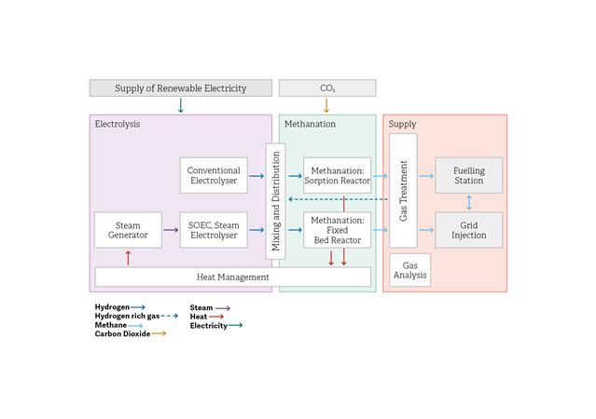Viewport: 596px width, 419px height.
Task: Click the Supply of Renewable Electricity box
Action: coord(181,88)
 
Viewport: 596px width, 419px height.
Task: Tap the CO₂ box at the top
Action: coord(327,88)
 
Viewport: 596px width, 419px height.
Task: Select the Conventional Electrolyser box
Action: coord(214,175)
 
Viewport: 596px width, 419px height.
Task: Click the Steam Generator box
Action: coord(128,230)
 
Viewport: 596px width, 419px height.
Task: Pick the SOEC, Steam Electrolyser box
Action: coord(214,230)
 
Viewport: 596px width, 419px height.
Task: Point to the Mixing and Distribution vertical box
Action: coord(275,201)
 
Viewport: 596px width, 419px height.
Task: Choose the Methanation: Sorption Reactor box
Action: coord(337,175)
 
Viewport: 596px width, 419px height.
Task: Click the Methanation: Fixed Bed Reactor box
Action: coord(337,230)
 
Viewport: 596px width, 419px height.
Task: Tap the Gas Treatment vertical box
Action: coord(403,191)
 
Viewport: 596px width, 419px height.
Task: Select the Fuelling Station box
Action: coord(468,175)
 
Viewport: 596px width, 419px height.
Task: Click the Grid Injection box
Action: coord(468,230)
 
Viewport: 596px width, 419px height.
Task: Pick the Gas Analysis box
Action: coord(410,270)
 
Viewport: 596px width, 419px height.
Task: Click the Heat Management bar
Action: coord(233,277)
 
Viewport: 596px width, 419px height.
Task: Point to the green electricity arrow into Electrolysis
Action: coord(181,105)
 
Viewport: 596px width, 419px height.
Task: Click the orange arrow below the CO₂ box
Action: coord(326,105)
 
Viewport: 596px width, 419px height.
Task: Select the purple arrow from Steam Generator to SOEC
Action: coord(171,230)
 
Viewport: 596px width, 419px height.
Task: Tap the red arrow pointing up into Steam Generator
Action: coord(128,258)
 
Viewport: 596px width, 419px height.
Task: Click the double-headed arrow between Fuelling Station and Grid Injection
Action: coord(468,203)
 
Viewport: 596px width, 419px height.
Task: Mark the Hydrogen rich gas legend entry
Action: coord(136,316)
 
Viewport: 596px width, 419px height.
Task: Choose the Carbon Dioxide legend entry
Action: coord(131,333)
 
